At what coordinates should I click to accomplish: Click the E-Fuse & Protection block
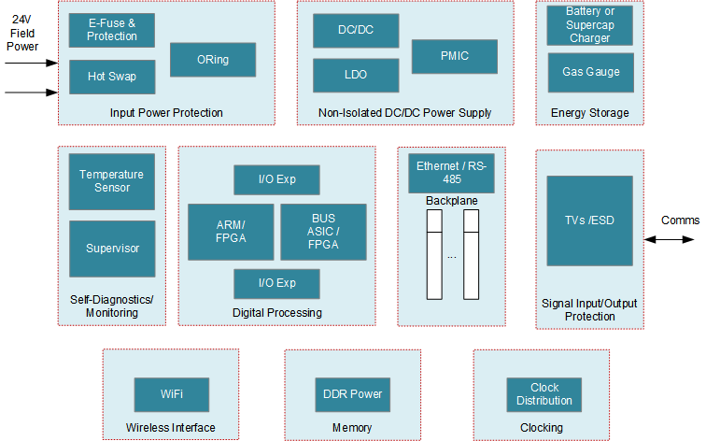(112, 30)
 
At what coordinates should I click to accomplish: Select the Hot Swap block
(112, 77)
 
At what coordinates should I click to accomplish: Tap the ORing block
(213, 60)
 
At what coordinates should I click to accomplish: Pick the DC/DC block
(356, 31)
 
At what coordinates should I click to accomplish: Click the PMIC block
(454, 56)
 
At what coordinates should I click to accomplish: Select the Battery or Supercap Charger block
(590, 25)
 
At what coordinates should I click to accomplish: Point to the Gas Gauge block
(590, 72)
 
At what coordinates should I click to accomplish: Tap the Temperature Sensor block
(112, 181)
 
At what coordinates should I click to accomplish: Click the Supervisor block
(112, 249)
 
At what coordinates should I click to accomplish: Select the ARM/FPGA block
(231, 232)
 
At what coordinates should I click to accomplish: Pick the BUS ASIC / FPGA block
(323, 232)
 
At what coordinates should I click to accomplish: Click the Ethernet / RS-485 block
(451, 172)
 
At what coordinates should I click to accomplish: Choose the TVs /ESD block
(589, 220)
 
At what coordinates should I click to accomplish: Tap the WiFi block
(172, 394)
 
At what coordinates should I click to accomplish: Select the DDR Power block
(352, 394)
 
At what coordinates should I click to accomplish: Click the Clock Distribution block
(544, 394)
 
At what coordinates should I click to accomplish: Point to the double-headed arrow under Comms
(669, 240)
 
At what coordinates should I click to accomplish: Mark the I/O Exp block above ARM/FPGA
(276, 179)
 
